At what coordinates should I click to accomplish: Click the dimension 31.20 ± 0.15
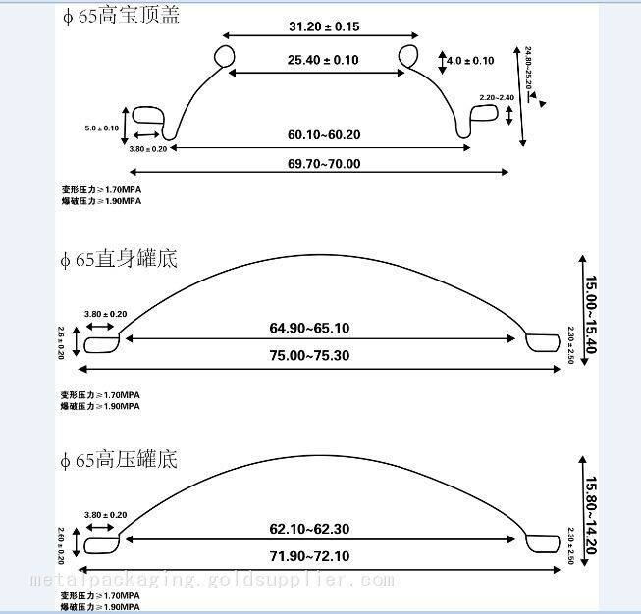click(324, 27)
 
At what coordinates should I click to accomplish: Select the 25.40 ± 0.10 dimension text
click(323, 60)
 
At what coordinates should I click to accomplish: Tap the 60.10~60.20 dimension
click(324, 134)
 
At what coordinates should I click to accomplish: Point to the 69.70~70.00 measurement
click(324, 163)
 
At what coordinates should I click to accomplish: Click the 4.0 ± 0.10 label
click(470, 61)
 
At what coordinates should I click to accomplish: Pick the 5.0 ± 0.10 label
click(101, 128)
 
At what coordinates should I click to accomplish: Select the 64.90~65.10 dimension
click(309, 327)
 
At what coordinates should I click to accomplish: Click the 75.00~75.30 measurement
click(309, 355)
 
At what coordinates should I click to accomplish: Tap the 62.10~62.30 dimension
click(309, 529)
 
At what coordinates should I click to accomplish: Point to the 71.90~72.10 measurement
click(309, 556)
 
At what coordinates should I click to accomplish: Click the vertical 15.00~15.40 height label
click(590, 315)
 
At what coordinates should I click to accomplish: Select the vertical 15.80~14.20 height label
click(590, 515)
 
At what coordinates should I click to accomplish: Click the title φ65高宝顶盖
click(120, 16)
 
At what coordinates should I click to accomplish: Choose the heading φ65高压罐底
click(120, 459)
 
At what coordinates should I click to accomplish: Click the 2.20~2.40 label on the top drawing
click(497, 97)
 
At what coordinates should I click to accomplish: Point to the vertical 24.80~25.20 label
click(528, 68)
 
